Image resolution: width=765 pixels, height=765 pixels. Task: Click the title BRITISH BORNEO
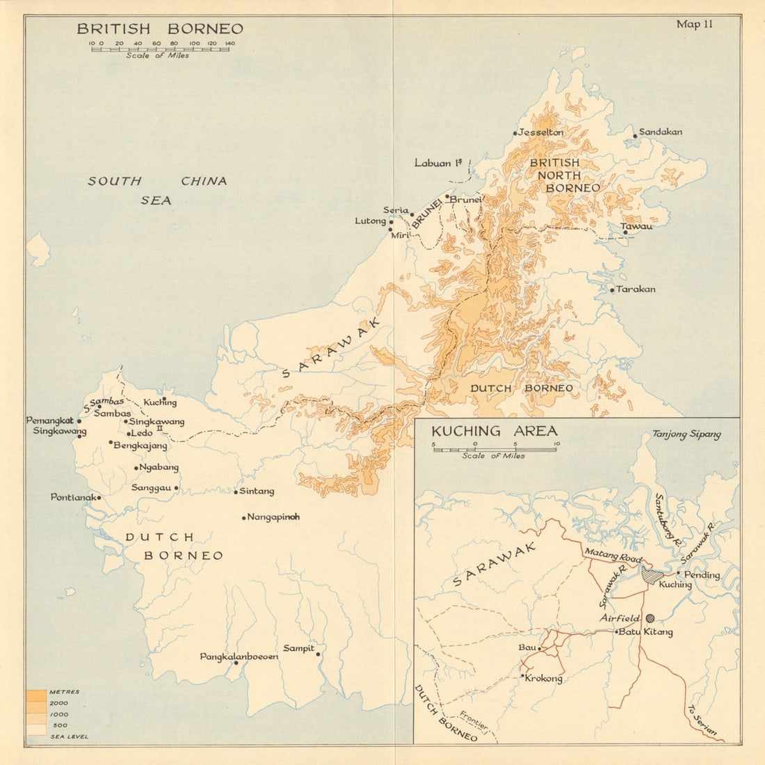160,29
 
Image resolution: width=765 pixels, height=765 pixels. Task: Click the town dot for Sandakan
635,135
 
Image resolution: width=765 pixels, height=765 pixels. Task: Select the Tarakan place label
636,289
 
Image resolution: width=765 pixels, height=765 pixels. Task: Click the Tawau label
637,226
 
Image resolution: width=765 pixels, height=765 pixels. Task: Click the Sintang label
257,491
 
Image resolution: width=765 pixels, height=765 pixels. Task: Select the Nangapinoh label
273,517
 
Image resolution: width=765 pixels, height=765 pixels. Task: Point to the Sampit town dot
319,654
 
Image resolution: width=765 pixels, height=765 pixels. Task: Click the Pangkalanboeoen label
239,656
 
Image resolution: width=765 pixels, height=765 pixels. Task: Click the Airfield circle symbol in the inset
650,617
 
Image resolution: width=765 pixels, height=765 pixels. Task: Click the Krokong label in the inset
544,678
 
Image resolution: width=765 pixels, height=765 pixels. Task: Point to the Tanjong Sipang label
686,434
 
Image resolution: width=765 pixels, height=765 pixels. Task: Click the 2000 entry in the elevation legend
58,703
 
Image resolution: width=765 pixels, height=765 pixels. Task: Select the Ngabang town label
159,467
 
